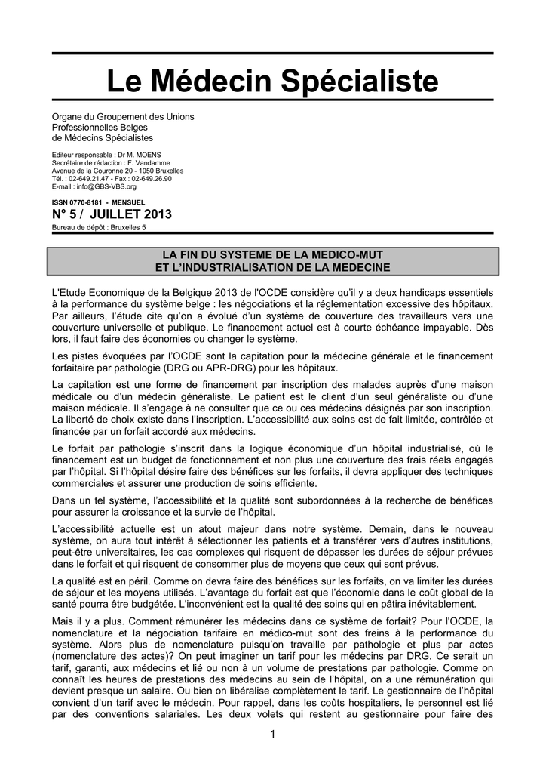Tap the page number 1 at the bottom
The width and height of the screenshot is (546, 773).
272,735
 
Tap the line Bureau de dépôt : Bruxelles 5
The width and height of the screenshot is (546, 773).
99,227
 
